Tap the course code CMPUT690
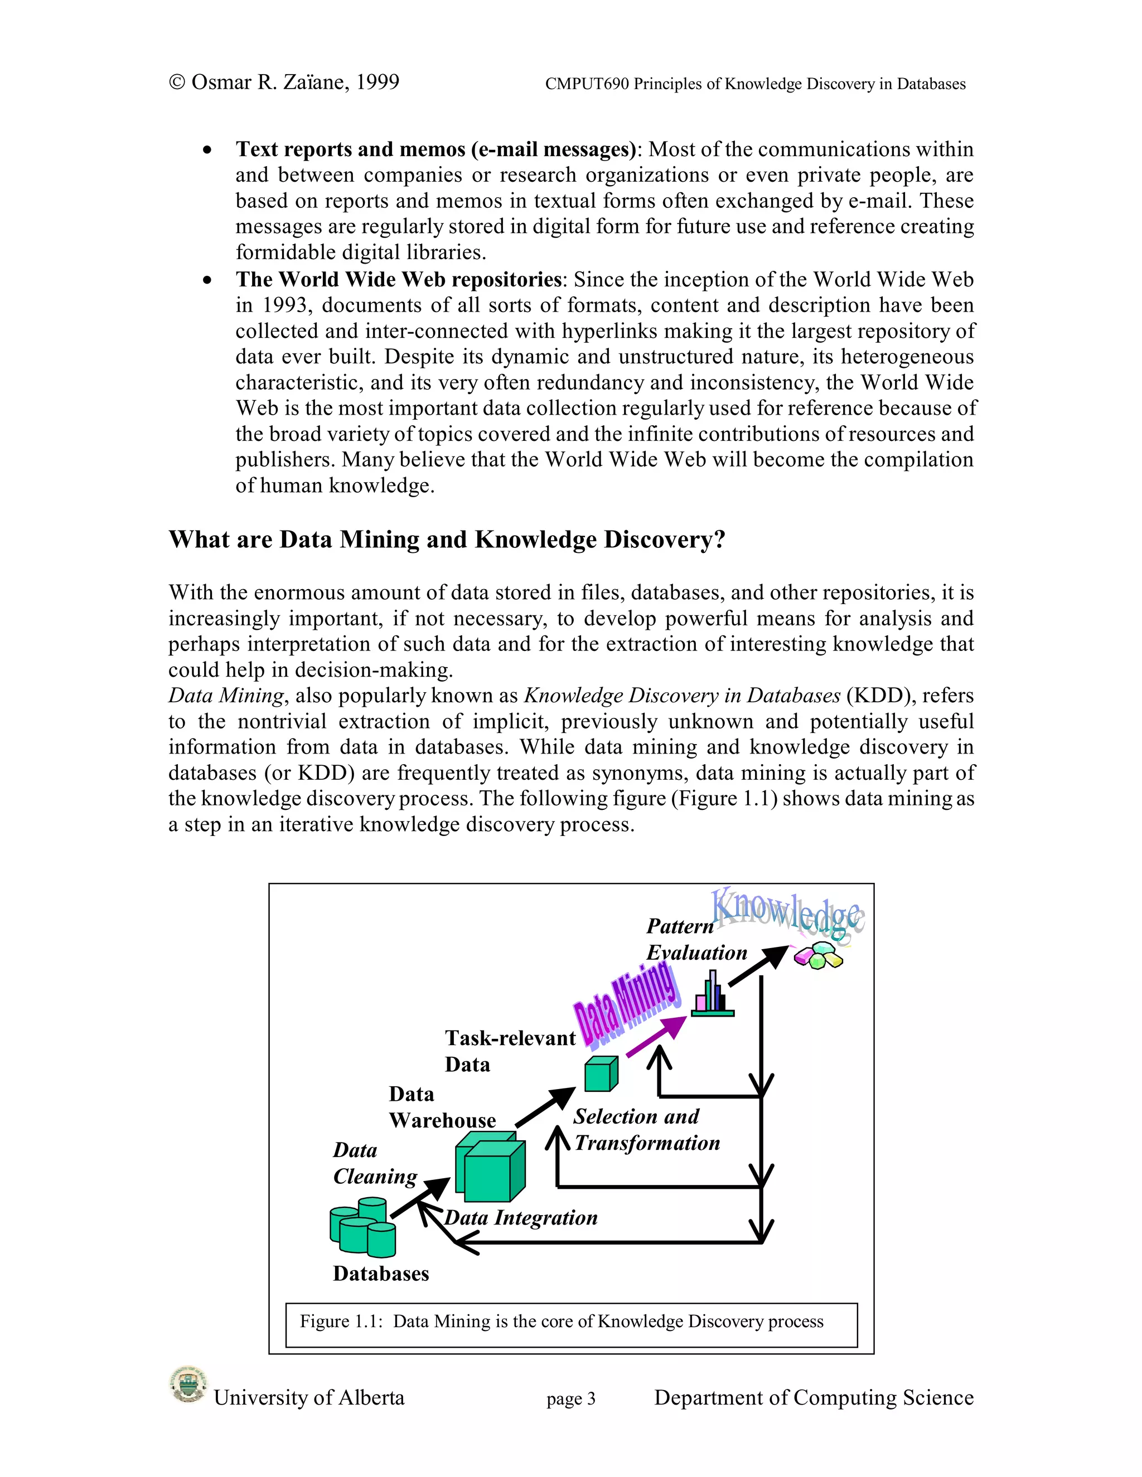tap(587, 84)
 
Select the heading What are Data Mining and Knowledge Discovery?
tap(447, 540)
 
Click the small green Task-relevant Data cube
tap(601, 1074)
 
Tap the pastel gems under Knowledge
tap(819, 955)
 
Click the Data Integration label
tap(521, 1218)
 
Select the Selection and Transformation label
tap(646, 1130)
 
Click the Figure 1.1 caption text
tap(562, 1321)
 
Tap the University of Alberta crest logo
tap(187, 1385)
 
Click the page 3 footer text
tap(570, 1398)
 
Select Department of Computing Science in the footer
tap(813, 1398)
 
